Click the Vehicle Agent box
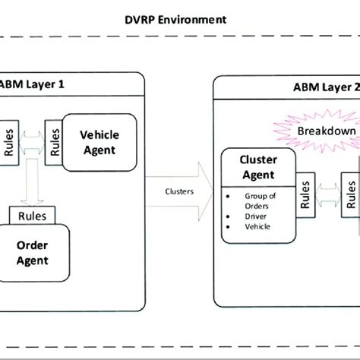98,143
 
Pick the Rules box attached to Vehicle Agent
52,137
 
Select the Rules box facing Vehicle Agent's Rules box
9,141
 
